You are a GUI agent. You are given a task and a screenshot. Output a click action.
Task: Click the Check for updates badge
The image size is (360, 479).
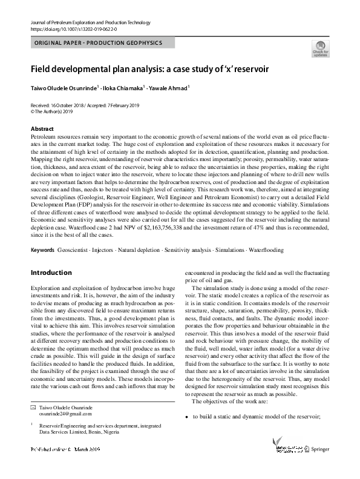pos(320,50)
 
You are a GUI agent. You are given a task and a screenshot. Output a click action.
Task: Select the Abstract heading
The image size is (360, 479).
pos(42,130)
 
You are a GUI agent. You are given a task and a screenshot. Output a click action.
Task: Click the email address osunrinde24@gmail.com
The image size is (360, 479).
pos(65,414)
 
